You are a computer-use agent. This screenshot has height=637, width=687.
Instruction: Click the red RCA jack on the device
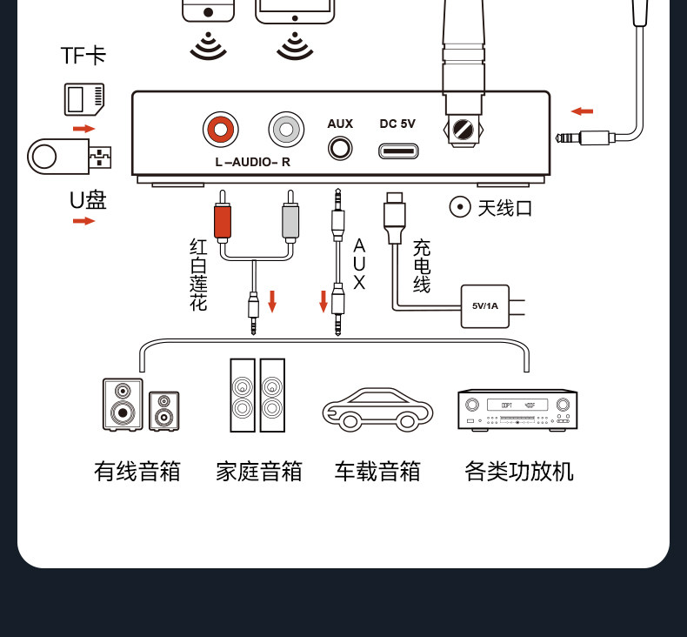(x=221, y=131)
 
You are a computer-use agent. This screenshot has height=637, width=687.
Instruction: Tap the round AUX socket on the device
(x=340, y=149)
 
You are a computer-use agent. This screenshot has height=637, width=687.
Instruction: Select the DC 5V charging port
(x=397, y=151)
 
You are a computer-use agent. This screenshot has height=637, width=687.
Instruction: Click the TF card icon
(x=84, y=98)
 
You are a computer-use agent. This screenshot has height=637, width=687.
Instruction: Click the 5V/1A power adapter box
(x=484, y=305)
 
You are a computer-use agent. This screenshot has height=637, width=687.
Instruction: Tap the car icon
(x=377, y=409)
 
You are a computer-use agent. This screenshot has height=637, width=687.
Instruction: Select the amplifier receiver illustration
(x=517, y=409)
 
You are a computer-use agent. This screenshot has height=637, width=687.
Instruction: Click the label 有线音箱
(x=137, y=472)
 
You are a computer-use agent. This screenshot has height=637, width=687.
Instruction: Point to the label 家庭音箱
(x=258, y=472)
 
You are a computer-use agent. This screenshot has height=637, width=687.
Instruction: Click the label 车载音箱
(x=377, y=472)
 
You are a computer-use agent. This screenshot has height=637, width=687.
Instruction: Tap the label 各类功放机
(x=519, y=472)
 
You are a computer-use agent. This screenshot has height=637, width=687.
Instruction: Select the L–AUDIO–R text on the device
(x=252, y=162)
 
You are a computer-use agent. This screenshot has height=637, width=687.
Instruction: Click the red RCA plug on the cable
(x=222, y=222)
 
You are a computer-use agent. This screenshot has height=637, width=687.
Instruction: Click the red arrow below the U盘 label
(x=83, y=221)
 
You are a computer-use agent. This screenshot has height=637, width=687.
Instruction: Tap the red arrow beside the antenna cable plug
(x=582, y=111)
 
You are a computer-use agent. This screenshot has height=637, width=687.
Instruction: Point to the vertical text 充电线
(x=422, y=266)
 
